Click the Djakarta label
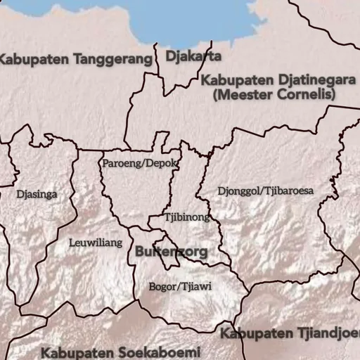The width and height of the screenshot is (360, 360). point(193,56)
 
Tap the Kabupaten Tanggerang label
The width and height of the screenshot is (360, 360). point(76,59)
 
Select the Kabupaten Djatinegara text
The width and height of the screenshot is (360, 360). point(277,79)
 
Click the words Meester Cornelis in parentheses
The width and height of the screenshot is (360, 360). point(277,94)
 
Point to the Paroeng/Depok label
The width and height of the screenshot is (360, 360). point(139,164)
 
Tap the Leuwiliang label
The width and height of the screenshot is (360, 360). point(96,243)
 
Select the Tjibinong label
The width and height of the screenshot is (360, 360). point(187,217)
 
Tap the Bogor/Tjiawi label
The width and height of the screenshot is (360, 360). point(181,286)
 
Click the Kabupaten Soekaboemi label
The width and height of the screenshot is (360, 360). point(121,351)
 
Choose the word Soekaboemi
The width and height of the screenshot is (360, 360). point(159,351)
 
